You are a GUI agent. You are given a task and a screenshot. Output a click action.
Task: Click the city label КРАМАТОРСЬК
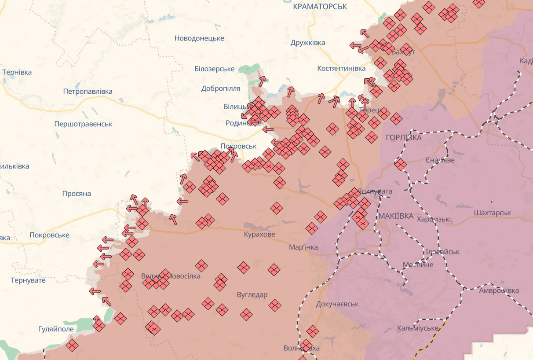click(x=320, y=7)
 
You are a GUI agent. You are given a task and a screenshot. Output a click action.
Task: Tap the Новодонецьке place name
click(x=199, y=38)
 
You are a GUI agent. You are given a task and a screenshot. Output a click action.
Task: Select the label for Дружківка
click(x=308, y=43)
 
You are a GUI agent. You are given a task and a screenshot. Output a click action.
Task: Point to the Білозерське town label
click(x=215, y=69)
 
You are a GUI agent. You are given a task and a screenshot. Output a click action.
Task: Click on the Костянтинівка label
click(x=341, y=69)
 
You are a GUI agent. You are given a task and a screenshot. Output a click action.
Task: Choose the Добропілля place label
click(x=221, y=88)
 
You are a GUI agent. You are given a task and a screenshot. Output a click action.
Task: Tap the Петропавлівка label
click(x=88, y=92)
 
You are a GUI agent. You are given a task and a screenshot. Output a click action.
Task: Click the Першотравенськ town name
click(x=83, y=124)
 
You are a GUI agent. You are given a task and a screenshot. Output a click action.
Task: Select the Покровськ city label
click(x=238, y=146)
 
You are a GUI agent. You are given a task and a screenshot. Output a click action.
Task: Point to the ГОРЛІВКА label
click(x=403, y=138)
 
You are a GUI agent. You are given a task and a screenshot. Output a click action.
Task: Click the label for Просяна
click(x=77, y=194)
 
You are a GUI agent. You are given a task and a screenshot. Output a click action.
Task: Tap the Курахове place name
click(x=259, y=234)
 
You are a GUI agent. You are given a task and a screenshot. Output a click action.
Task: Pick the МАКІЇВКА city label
click(x=396, y=216)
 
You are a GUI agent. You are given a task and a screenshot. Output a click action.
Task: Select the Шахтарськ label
click(x=493, y=213)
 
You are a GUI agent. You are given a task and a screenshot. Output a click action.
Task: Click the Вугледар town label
click(x=252, y=295)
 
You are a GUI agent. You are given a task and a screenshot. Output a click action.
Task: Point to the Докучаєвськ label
click(x=337, y=304)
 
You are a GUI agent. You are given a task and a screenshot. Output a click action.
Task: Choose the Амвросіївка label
click(x=499, y=290)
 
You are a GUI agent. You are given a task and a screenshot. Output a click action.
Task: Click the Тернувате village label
click(x=28, y=280)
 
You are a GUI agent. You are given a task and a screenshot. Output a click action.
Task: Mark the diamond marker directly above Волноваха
click(x=313, y=331)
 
